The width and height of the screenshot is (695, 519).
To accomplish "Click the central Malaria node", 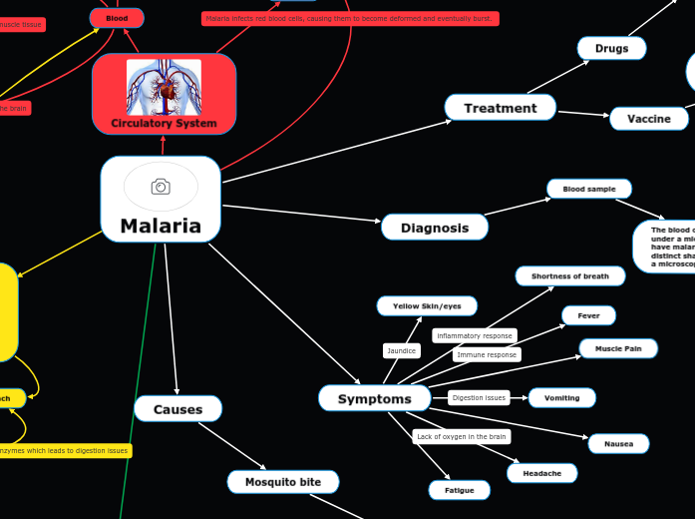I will coord(161,226).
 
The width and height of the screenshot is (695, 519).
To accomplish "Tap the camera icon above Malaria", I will coord(161,187).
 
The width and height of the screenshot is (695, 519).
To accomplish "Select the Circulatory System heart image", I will coord(164,87).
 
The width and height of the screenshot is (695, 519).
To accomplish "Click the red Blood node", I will coord(117,18).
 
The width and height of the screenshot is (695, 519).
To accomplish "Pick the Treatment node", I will coord(500,108).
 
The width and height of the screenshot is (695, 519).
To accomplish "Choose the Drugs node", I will coord(611,48).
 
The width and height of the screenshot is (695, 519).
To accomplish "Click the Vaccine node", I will coord(648,119).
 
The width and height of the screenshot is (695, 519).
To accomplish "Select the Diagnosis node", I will coord(434,228).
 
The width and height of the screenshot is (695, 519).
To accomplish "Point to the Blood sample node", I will coord(588,189).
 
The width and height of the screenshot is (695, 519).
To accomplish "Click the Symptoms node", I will coord(374,398).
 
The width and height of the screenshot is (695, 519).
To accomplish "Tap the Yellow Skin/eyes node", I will coord(427,305).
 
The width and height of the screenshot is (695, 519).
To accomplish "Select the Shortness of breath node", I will coord(569,276).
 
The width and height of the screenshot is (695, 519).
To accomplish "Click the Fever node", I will coord(588,315).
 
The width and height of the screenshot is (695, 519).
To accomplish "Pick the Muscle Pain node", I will coord(618,348).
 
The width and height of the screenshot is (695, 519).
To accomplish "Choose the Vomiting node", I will coord(561,397).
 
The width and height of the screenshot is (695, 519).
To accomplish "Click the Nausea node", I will coord(618,443).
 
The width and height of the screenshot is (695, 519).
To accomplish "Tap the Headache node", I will coord(541,473).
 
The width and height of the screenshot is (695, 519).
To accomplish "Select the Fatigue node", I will coord(459,490).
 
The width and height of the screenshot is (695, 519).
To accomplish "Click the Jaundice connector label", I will coord(401,350).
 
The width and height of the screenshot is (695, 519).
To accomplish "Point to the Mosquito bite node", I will coord(283,482).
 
